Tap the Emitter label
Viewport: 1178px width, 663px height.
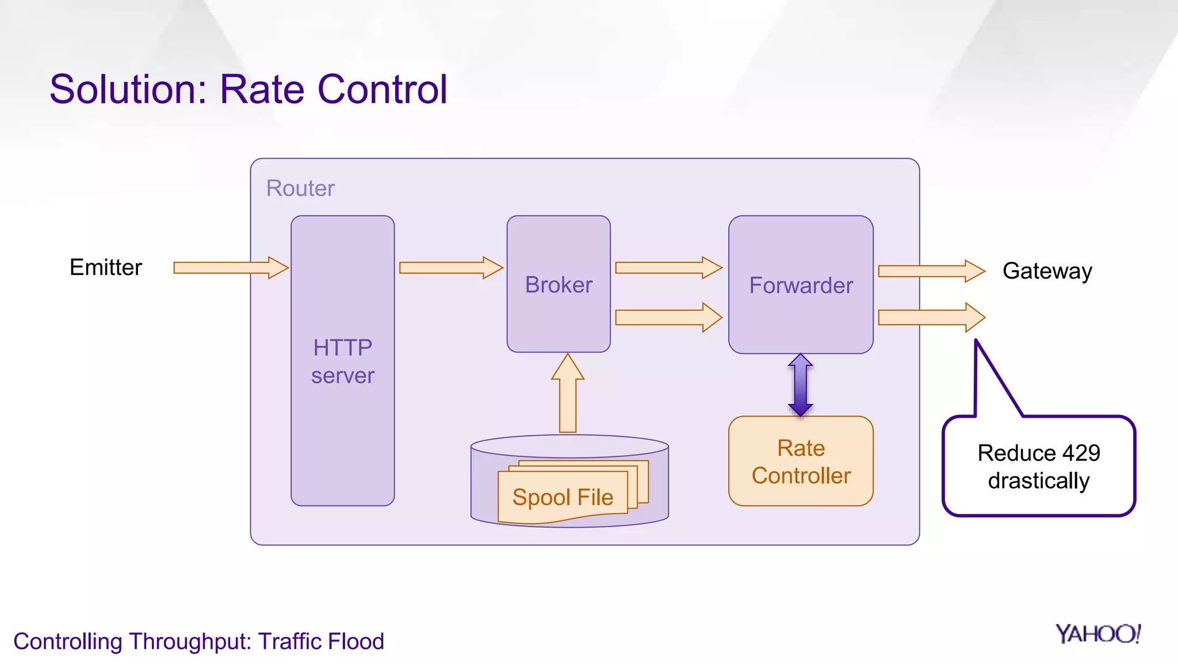point(106,268)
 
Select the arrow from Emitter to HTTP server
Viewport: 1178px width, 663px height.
point(230,268)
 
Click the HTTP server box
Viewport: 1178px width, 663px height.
point(342,361)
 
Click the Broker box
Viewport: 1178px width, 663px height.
point(559,284)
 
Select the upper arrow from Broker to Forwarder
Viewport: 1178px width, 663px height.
point(668,268)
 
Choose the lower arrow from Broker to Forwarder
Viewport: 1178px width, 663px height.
point(668,317)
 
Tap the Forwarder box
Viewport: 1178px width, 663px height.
point(801,285)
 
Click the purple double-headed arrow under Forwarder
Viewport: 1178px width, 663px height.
point(801,385)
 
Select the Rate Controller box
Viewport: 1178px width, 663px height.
point(801,462)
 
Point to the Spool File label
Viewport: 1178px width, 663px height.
point(563,497)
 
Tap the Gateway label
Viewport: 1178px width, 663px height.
point(1047,271)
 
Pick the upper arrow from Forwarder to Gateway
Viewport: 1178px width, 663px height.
point(931,271)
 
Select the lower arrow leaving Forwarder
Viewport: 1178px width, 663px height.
point(931,317)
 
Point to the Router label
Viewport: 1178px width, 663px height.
point(300,188)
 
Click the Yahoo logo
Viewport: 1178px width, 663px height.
point(1097,634)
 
